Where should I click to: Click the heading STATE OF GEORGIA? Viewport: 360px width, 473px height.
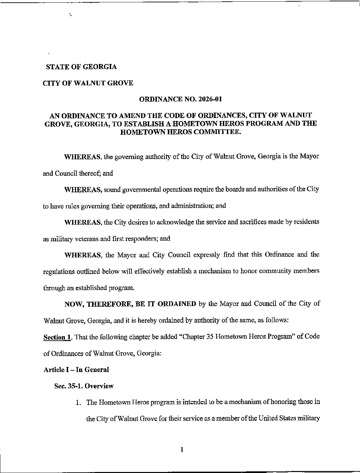pyautogui.click(x=81, y=67)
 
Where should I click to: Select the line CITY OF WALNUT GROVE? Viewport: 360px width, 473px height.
pyautogui.click(x=88, y=83)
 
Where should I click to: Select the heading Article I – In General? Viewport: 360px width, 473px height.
pyautogui.click(x=76, y=370)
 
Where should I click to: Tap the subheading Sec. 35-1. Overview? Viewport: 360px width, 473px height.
pyautogui.click(x=84, y=386)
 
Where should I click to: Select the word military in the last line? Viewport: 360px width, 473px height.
pyautogui.click(x=309, y=418)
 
